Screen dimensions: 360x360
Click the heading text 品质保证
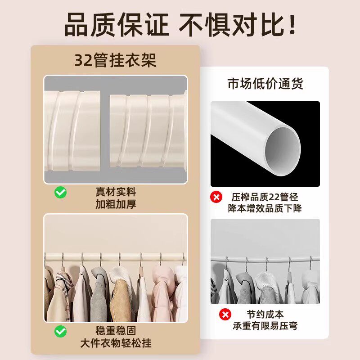[x=117, y=25]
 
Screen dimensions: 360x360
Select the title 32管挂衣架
[x=115, y=60]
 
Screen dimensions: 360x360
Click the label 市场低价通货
[x=265, y=83]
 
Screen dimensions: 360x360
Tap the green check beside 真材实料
[x=61, y=193]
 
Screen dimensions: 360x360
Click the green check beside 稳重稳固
[x=61, y=331]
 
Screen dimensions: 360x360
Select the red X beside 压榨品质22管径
[x=216, y=197]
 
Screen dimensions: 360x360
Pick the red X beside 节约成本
[x=225, y=314]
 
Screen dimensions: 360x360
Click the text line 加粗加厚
[x=116, y=204]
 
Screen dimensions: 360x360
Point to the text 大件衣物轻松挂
[x=116, y=343]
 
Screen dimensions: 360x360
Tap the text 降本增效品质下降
[x=265, y=208]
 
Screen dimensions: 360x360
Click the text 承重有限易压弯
[x=265, y=326]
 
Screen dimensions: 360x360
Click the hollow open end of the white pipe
[x=283, y=152]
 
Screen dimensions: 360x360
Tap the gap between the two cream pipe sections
[x=105, y=131]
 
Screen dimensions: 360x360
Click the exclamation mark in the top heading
[x=292, y=25]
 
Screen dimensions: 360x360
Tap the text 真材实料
[x=116, y=192]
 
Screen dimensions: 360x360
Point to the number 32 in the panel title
[x=83, y=61]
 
